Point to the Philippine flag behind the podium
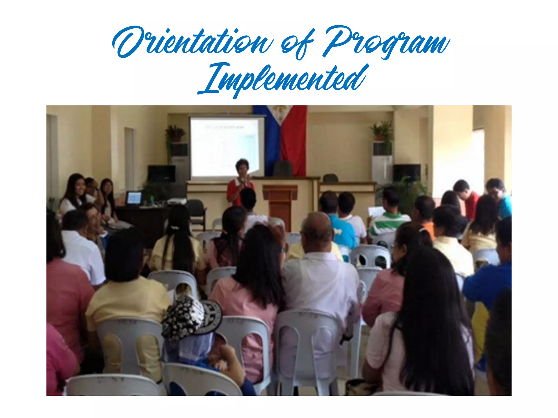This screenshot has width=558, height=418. coord(289,136)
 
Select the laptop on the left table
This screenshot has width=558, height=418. coord(134,198)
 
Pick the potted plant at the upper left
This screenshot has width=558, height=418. coord(175,133)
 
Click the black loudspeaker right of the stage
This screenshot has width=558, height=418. coord(407,173)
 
